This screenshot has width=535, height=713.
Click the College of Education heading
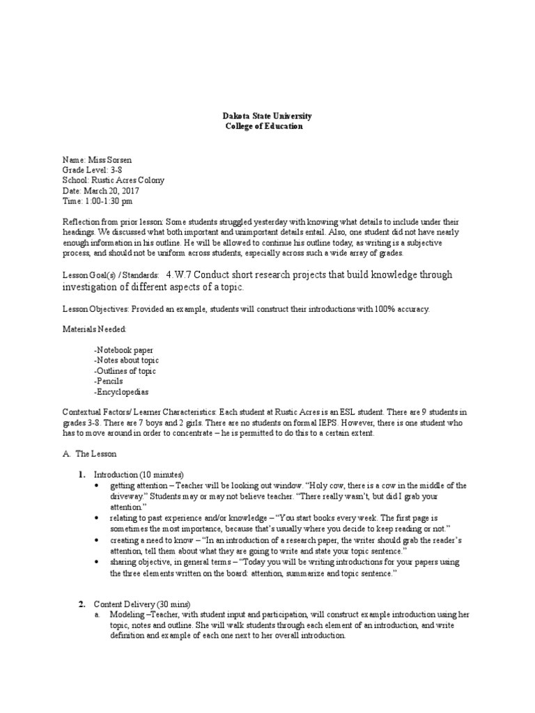[264, 127]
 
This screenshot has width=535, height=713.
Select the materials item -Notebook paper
[123, 350]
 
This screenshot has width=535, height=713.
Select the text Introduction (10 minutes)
[138, 474]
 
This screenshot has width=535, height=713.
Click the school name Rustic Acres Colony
[128, 180]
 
